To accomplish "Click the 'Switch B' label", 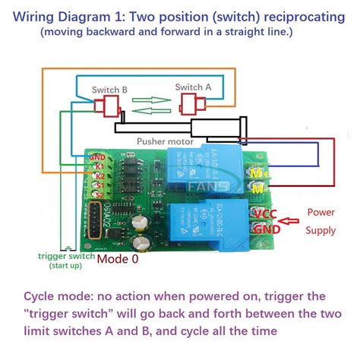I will [x=109, y=90].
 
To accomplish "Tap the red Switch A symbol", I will [x=194, y=102].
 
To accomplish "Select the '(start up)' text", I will [x=66, y=266].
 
